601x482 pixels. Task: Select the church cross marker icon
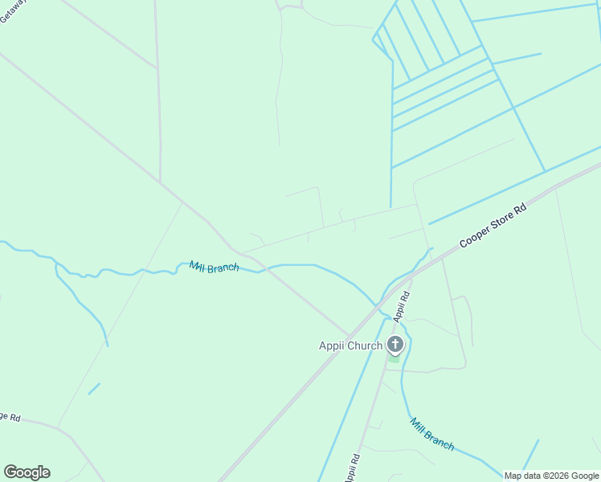click(395, 345)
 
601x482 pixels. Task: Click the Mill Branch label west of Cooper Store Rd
click(214, 267)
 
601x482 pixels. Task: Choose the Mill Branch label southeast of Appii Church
click(431, 434)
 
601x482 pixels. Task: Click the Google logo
click(27, 472)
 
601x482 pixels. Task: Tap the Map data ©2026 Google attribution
click(552, 476)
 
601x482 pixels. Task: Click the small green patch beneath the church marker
click(394, 358)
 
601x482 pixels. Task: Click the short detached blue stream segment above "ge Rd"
click(94, 389)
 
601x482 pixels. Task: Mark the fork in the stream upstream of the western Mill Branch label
click(55, 263)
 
